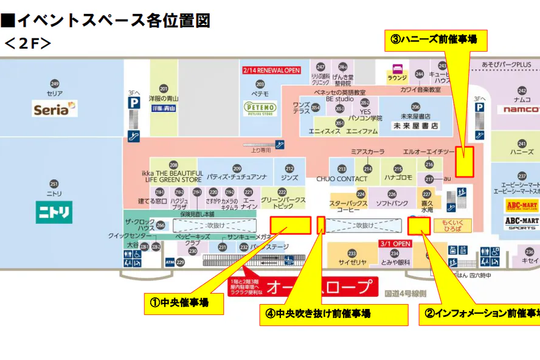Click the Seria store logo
[55, 109]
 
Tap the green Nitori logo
[54, 212]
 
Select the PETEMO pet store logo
[260, 109]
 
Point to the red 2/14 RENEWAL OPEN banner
[271, 70]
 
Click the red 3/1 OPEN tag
[396, 243]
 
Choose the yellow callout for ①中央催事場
[184, 302]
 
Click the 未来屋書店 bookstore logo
[415, 126]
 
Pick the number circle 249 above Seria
[55, 84]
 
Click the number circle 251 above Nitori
[54, 184]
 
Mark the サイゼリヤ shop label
[352, 262]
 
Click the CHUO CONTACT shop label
[342, 179]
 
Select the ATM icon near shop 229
[170, 262]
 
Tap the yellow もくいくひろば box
[452, 226]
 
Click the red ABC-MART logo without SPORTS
[522, 206]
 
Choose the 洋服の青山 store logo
[164, 108]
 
